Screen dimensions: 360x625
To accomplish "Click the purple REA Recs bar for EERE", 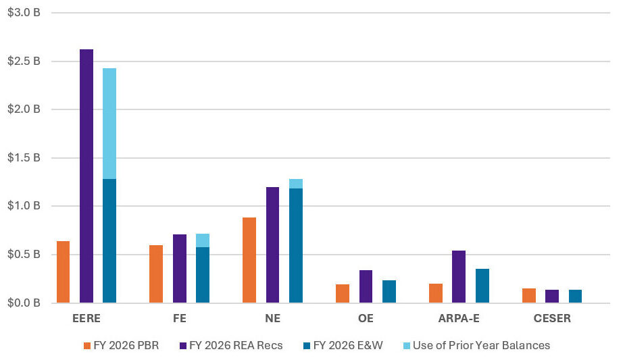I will (x=86, y=176).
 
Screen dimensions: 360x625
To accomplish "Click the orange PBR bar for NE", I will (x=249, y=260).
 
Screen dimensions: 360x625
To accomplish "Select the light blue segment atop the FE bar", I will (x=203, y=240).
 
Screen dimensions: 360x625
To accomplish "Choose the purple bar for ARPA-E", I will (x=459, y=276).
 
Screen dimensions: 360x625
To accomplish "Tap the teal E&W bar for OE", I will (x=389, y=291).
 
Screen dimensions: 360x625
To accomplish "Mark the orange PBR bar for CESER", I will (x=528, y=295).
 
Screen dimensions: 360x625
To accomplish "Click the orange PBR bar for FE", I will (x=155, y=274).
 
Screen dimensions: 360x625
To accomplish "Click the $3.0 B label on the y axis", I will (x=24, y=13).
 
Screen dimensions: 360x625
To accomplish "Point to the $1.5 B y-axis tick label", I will (x=24, y=158).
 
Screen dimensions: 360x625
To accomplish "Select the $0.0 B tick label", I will (x=24, y=303).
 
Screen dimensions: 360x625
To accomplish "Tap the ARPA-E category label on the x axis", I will (x=459, y=318).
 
